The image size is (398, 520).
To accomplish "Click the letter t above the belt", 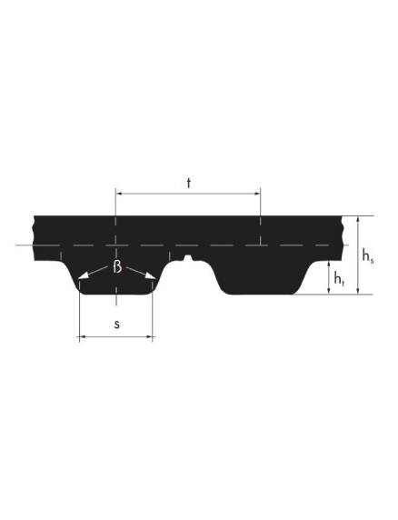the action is [x=189, y=183].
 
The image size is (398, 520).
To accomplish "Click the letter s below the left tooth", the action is [x=116, y=325].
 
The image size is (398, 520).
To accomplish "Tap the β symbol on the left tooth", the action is [x=117, y=267].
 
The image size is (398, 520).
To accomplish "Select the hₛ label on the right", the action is [x=368, y=255].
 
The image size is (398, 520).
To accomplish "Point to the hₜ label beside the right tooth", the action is [x=339, y=278].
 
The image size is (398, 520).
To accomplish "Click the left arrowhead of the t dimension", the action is [x=119, y=193].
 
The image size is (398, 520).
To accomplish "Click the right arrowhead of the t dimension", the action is [x=256, y=193].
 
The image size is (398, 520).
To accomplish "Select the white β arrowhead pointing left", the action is [x=83, y=275].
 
